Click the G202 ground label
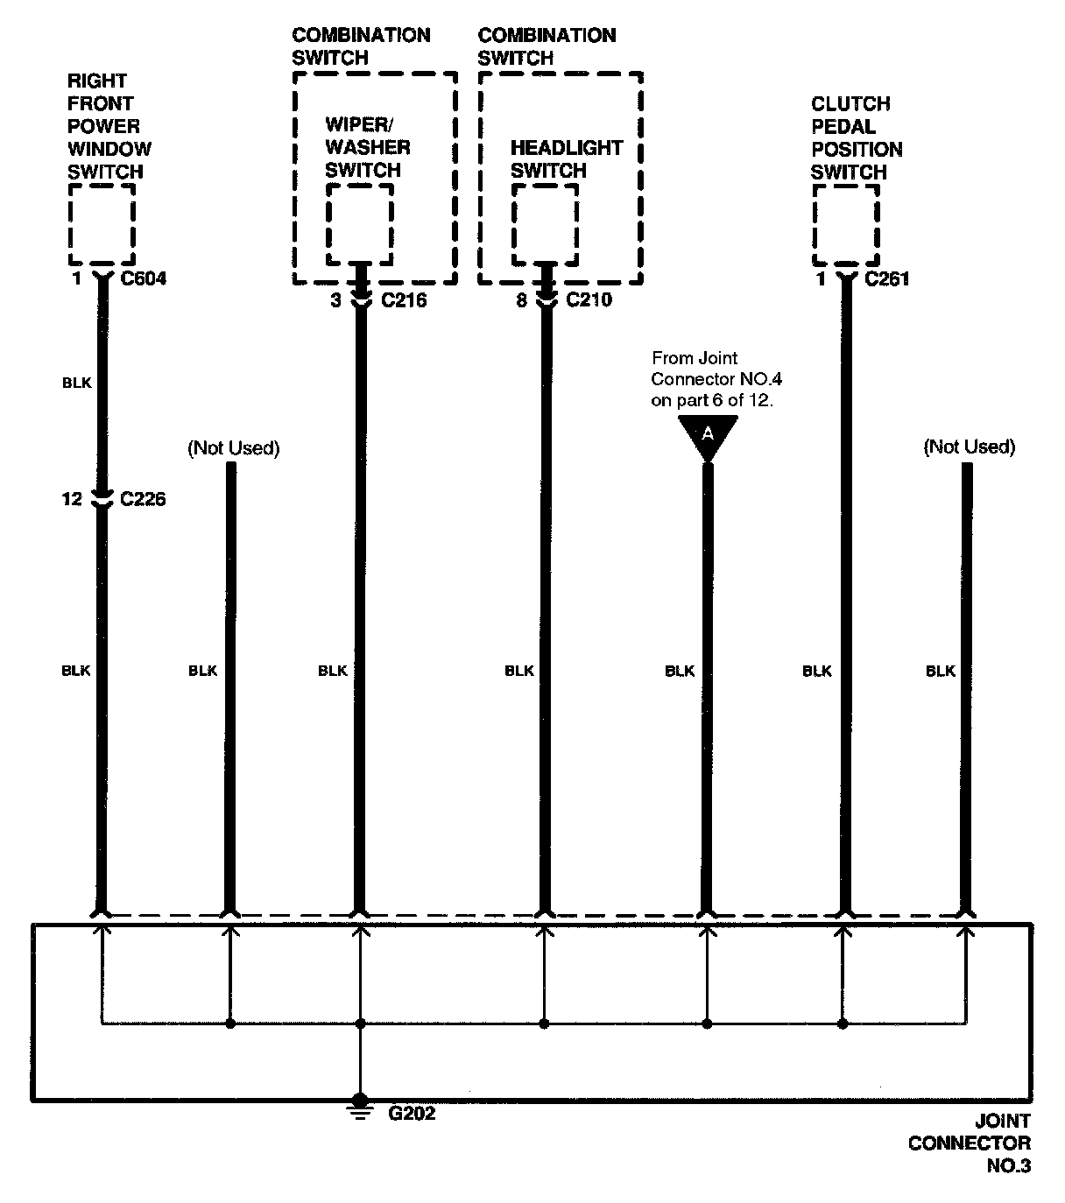point(412,1115)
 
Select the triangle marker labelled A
point(708,436)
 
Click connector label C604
point(143,279)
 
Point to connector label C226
point(143,499)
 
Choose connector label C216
point(404,300)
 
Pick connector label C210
point(589,300)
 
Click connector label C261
point(886,279)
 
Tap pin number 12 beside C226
point(72,499)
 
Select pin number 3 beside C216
point(335,300)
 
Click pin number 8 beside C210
point(521,300)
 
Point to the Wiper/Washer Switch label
point(367,147)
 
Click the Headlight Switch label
point(566,158)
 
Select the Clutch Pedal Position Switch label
point(856,138)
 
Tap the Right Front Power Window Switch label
point(109,126)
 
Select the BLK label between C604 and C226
point(77,383)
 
